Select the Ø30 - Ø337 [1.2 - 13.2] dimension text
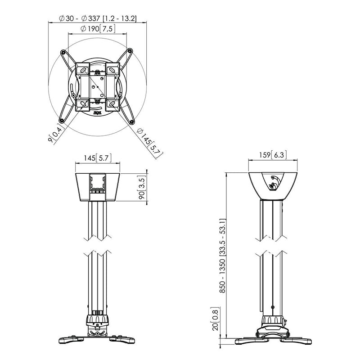(98, 18)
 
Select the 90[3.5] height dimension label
(142, 189)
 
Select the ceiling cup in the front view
(98, 186)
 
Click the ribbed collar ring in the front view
(98, 320)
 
